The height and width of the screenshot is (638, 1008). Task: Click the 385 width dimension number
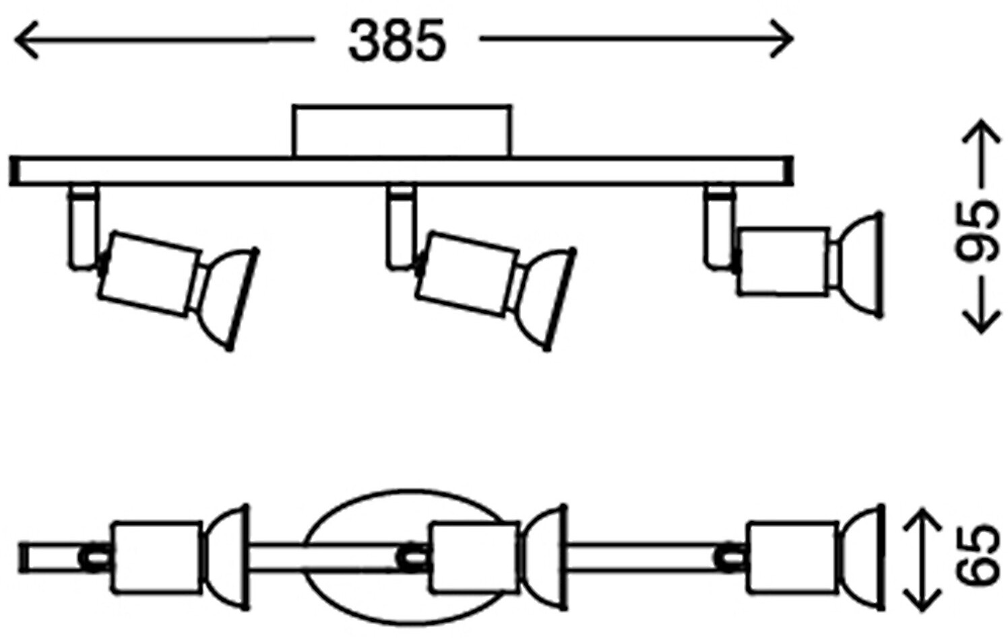[x=397, y=40]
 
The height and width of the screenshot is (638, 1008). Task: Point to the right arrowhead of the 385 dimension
[x=782, y=40]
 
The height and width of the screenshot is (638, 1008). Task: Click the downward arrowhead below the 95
[x=980, y=322]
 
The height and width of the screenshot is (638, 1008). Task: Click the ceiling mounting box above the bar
[x=402, y=131]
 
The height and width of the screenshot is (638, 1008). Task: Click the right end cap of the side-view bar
[x=786, y=171]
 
